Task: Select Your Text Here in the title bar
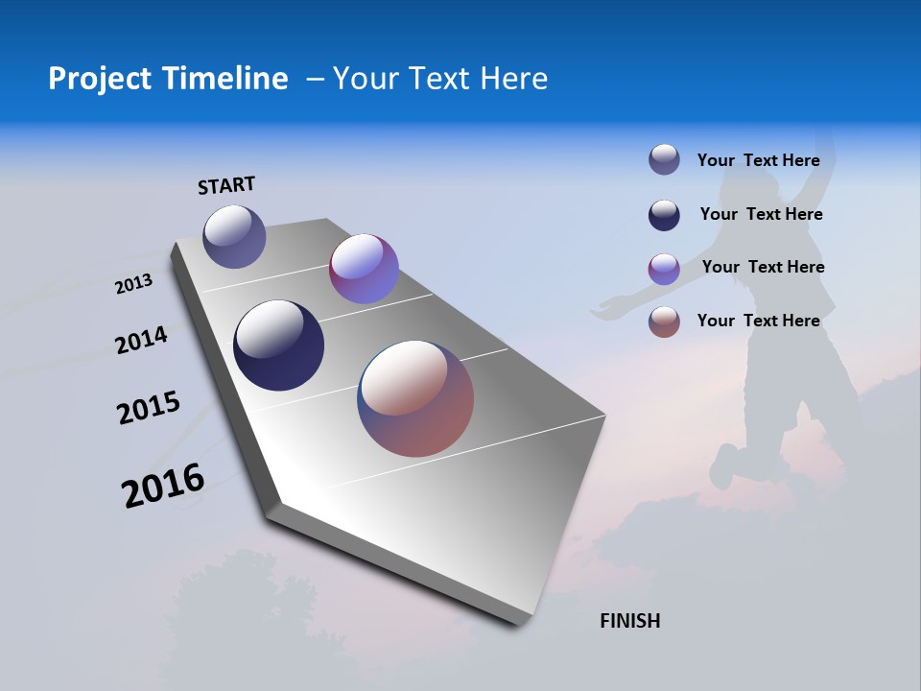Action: point(440,79)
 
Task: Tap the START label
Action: point(226,185)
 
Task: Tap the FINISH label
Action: point(630,621)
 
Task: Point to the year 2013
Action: point(134,285)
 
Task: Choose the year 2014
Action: point(142,340)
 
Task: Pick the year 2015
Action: point(149,408)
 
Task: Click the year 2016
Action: point(163,486)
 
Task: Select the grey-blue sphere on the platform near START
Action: point(234,236)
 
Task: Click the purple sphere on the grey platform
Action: point(364,269)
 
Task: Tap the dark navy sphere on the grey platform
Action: point(279,345)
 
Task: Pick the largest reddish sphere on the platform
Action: point(415,398)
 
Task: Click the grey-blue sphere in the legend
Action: point(664,159)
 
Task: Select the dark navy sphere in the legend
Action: point(664,215)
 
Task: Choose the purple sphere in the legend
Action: point(664,269)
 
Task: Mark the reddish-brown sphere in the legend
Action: point(664,322)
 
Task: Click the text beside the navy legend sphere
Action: point(761,214)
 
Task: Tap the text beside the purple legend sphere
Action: point(763,267)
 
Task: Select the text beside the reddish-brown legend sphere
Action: point(758,321)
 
